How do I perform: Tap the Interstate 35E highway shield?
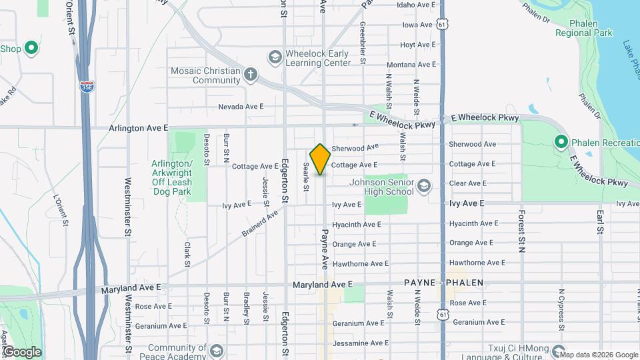pos(87,86)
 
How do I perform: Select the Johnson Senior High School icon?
pos(423,185)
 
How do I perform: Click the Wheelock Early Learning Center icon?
pos(274,57)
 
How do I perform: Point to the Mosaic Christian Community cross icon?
pos(250,74)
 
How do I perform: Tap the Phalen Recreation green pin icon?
pos(561,142)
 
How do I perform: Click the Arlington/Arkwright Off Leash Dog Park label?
pos(171,177)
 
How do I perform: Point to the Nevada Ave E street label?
pos(241,107)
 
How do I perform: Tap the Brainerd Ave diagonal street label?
pos(259,224)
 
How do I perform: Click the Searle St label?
pos(306,177)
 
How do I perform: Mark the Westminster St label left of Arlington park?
pos(127,199)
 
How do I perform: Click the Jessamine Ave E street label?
pos(360,343)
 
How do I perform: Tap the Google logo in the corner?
pos(22,352)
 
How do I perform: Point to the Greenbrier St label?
pos(363,42)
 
